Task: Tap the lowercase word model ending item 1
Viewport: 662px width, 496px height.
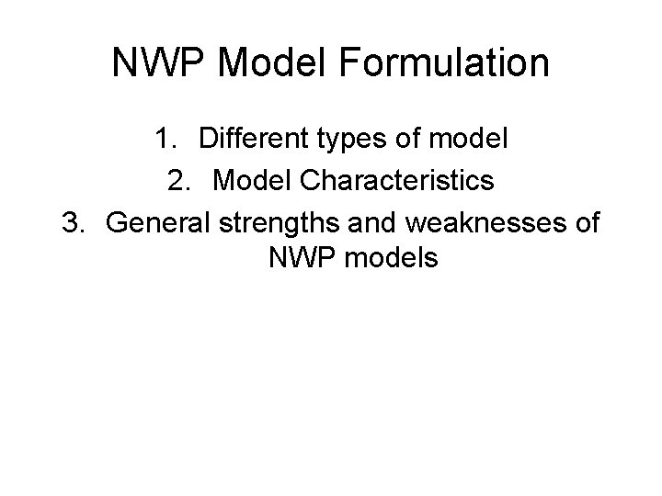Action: pos(474,141)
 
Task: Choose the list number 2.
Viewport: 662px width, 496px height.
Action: pos(178,181)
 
